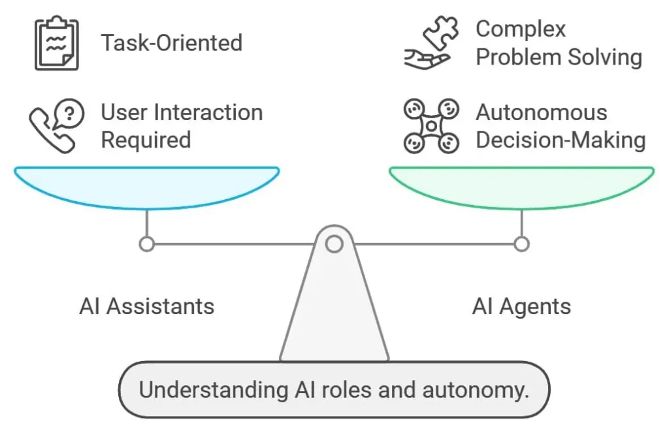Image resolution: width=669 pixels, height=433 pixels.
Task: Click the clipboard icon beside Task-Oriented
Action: (x=56, y=44)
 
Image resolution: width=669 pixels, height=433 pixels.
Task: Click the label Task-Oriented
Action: (x=171, y=43)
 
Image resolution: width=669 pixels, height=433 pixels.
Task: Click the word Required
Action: (x=146, y=140)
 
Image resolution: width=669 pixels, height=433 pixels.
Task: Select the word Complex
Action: (x=521, y=29)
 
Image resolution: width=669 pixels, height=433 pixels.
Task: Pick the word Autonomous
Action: (x=541, y=112)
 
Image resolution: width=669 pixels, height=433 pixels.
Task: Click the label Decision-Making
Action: (x=560, y=140)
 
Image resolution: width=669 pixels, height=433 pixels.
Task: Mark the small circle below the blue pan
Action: (x=147, y=244)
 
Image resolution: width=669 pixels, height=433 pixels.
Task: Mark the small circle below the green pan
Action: (x=521, y=244)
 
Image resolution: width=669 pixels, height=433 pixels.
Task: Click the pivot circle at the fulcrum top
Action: (x=334, y=244)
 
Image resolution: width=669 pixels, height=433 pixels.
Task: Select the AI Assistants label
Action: (x=146, y=306)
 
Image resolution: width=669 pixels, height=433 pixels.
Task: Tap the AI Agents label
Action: (x=521, y=306)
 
